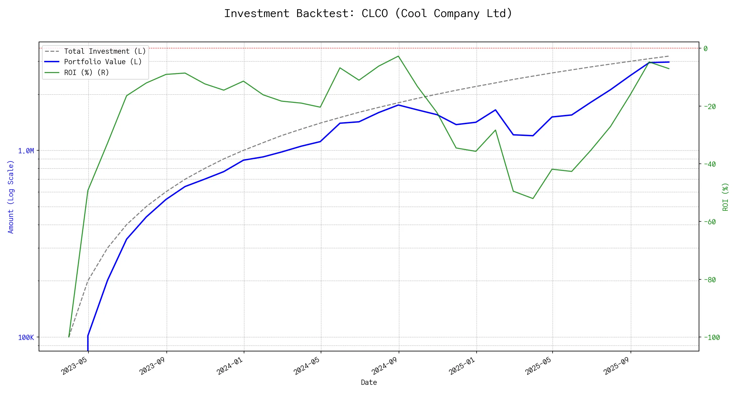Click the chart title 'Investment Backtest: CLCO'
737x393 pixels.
(x=368, y=13)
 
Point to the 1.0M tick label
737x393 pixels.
(x=26, y=151)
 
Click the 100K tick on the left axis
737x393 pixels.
(x=26, y=338)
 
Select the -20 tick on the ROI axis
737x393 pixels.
(x=709, y=106)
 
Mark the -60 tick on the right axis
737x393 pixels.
(x=709, y=222)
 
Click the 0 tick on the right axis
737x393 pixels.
(x=706, y=48)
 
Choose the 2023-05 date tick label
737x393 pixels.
(x=75, y=365)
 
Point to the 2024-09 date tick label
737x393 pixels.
(x=384, y=365)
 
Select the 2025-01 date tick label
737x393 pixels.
(x=462, y=365)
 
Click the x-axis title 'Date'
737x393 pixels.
(x=369, y=383)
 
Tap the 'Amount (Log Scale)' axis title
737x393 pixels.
(x=11, y=197)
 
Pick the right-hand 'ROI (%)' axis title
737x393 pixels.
(x=726, y=197)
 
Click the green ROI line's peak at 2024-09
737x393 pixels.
(x=398, y=56)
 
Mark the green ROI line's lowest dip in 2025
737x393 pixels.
(x=533, y=198)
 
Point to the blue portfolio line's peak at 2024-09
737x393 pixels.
(x=398, y=105)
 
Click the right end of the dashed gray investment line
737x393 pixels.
(x=669, y=56)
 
